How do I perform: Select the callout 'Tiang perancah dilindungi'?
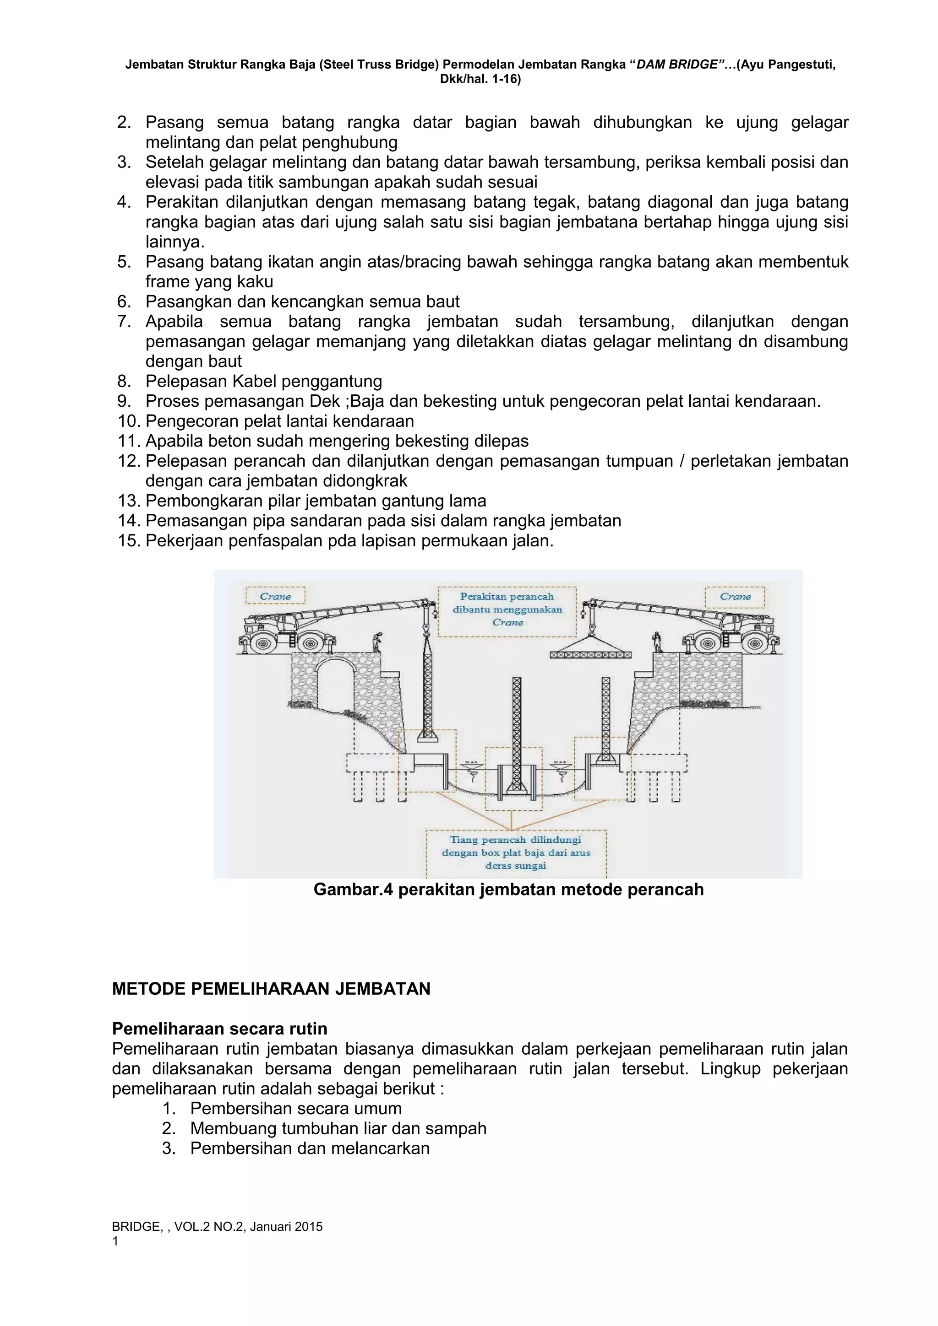[516, 852]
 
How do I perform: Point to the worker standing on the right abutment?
[656, 642]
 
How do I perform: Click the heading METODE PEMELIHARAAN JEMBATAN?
[271, 989]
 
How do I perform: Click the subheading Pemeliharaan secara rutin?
[220, 1029]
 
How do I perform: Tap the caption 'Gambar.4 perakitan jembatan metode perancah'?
[508, 889]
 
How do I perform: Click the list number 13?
[129, 501]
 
